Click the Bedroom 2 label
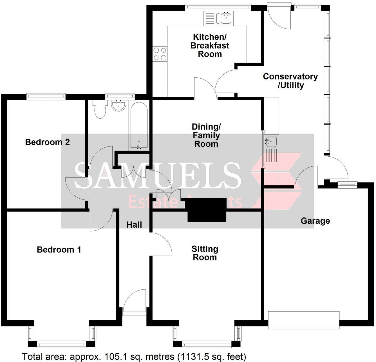(x=47, y=142)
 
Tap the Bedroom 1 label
(x=59, y=250)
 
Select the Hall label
(x=134, y=225)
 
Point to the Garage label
(x=315, y=221)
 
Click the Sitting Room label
(x=205, y=253)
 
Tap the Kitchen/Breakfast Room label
(x=210, y=45)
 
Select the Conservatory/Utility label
(x=290, y=81)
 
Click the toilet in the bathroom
(x=100, y=109)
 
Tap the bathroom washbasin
(x=119, y=105)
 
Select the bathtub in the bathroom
(x=138, y=126)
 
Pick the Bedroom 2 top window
(x=46, y=96)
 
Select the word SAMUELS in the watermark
(x=158, y=176)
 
